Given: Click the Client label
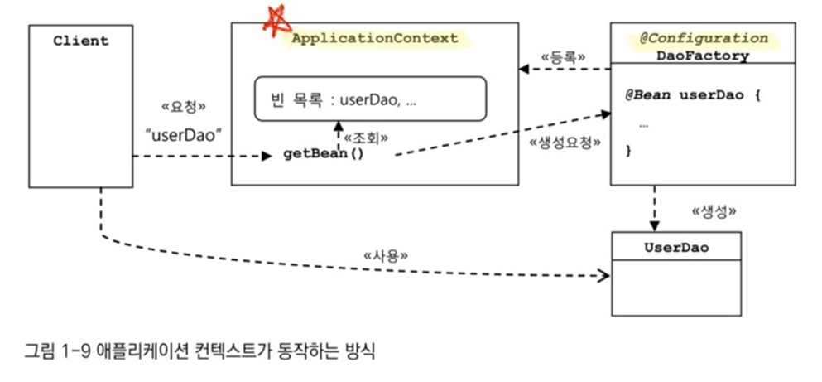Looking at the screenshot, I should pos(80,41).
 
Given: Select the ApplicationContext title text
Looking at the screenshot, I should pos(374,38).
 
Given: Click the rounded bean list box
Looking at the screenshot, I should pos(368,99).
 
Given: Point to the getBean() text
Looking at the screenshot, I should pos(324,154).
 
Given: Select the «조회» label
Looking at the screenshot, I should pos(365,137).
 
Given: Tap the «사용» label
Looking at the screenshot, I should pos(387,255).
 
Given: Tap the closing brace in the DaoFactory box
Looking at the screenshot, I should pos(628,150).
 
